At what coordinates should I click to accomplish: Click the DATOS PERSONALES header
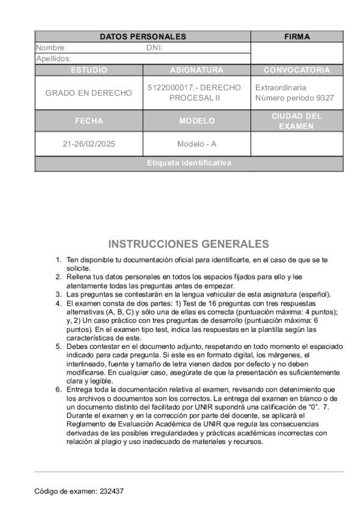(x=142, y=37)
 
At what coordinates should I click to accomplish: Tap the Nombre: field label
(x=51, y=48)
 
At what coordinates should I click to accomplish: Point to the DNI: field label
(x=154, y=48)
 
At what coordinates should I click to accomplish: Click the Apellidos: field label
(x=53, y=58)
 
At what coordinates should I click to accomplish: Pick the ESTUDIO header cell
(x=88, y=70)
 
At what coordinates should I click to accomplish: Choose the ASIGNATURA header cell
(x=197, y=70)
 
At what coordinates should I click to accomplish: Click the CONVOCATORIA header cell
(x=297, y=70)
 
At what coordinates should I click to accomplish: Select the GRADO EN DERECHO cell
(x=88, y=93)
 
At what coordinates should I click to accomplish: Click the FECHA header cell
(x=88, y=121)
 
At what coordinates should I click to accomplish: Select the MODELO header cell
(x=197, y=121)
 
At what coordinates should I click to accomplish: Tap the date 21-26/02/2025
(x=88, y=144)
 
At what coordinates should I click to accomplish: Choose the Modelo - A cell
(x=197, y=144)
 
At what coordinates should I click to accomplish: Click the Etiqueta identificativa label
(x=189, y=163)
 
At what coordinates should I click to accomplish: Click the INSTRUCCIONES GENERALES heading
(x=189, y=244)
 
